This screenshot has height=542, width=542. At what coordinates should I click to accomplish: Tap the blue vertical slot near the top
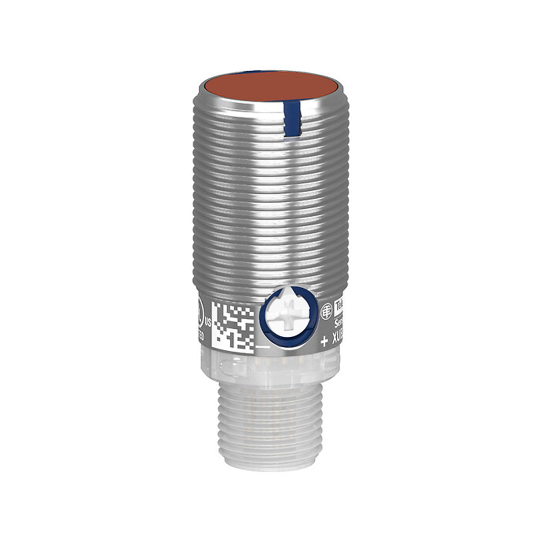point(292,117)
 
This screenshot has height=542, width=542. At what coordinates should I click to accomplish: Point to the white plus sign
point(324,342)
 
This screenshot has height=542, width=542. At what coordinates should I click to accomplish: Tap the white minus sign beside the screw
point(262,346)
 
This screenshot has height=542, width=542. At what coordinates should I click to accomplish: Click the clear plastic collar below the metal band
point(271,369)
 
